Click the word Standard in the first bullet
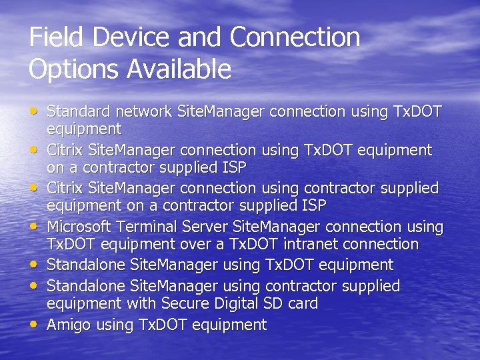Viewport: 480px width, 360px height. [76, 112]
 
